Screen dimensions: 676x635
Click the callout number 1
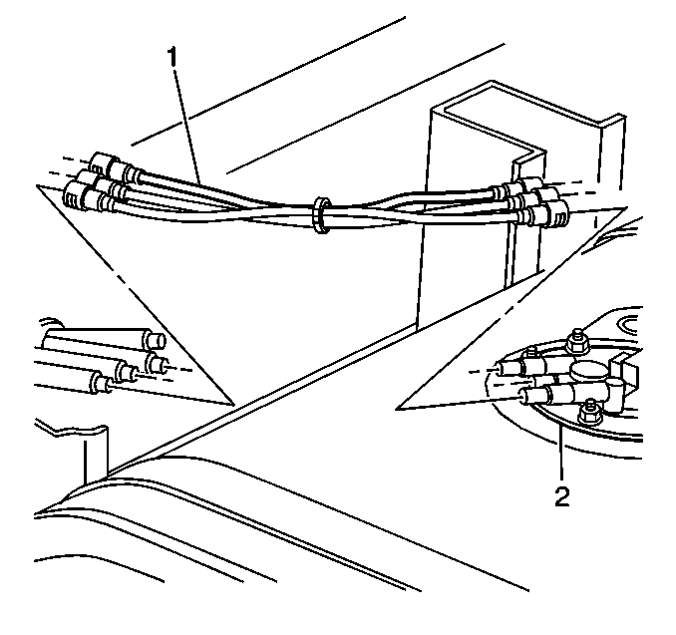tap(172, 57)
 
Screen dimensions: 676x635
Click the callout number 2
tap(561, 496)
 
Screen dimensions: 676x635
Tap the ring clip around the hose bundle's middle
tap(322, 215)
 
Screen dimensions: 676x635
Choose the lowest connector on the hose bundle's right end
tap(544, 215)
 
